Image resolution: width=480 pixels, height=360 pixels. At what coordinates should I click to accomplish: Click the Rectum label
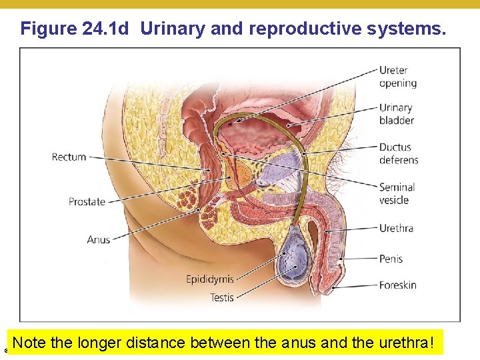point(69,157)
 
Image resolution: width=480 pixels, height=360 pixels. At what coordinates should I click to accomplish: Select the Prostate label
point(87,201)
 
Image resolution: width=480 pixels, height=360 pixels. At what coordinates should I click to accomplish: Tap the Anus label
point(98,239)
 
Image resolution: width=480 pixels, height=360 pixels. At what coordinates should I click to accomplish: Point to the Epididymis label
point(209,279)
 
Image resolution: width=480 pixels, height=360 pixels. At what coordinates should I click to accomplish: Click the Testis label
point(221,297)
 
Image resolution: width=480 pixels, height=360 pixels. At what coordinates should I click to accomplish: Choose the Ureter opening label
point(398,77)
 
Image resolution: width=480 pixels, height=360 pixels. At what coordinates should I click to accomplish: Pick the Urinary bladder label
point(397,114)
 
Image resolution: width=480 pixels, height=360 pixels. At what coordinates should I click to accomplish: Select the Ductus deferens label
point(399,153)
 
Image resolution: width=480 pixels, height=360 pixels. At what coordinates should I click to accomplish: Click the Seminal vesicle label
point(397,193)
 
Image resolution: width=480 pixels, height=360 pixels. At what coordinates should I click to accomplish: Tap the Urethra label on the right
point(396,228)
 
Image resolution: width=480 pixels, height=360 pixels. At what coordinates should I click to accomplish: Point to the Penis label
point(391,259)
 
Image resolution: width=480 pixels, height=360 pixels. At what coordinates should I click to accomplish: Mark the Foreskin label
point(398,285)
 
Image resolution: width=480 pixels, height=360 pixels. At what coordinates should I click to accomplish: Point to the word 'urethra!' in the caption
point(406,344)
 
